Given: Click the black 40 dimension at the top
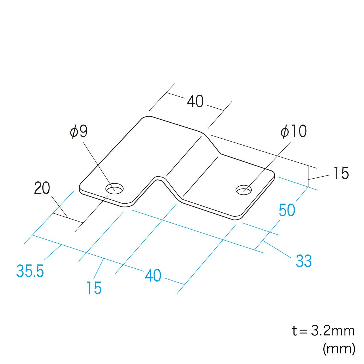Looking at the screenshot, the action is coord(195,102).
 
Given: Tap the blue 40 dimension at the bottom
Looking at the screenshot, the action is coord(153,276).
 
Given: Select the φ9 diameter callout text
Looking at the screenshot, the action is coord(79,131).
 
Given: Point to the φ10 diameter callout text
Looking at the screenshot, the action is coord(293,131).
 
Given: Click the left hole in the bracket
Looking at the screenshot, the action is coord(115,188).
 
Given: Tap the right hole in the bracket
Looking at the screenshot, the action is coord(244,189).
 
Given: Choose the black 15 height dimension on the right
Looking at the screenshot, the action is coord(341,173).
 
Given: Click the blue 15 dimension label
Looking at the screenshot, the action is coord(94,288).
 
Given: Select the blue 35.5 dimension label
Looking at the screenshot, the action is coord(30,271).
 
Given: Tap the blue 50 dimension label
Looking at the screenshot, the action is coord(287,210).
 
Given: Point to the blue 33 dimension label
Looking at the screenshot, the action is coord(303,261).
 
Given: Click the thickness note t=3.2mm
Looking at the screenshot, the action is coord(323,331).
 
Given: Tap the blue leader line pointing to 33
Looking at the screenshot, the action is coord(276,249).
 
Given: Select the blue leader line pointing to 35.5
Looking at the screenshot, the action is coord(53,252).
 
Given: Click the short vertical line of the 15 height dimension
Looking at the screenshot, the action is coord(308,176).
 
